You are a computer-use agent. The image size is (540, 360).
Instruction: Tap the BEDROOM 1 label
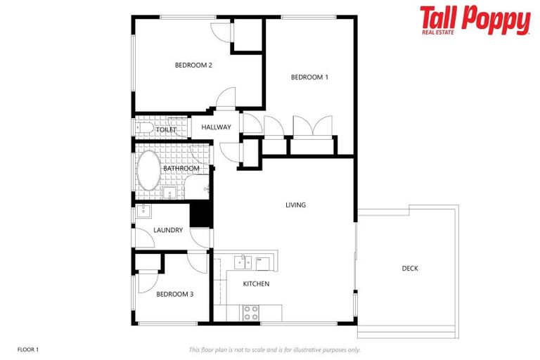pos(309,77)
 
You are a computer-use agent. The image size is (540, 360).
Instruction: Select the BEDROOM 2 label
pos(193,65)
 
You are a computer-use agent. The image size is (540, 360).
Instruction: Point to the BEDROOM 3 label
pos(174,294)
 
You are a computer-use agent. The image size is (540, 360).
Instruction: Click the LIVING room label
pos(295,205)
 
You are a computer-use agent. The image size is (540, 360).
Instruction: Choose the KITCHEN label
pos(256,284)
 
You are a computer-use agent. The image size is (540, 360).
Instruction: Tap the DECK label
pos(410,268)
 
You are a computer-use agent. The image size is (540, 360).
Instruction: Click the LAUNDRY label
pos(168,230)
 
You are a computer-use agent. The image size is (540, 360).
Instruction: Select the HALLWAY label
pos(216,127)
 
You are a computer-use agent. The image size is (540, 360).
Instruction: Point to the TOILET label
pos(166,129)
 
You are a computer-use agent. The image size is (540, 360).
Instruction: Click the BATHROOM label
pos(181,169)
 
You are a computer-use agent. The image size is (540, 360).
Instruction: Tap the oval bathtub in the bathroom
pos(148,171)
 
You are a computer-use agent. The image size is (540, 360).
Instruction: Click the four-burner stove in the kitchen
pos(251,313)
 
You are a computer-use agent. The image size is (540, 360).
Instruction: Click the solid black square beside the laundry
pos(201,214)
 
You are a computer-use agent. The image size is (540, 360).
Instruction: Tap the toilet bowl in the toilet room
pos(146,128)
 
